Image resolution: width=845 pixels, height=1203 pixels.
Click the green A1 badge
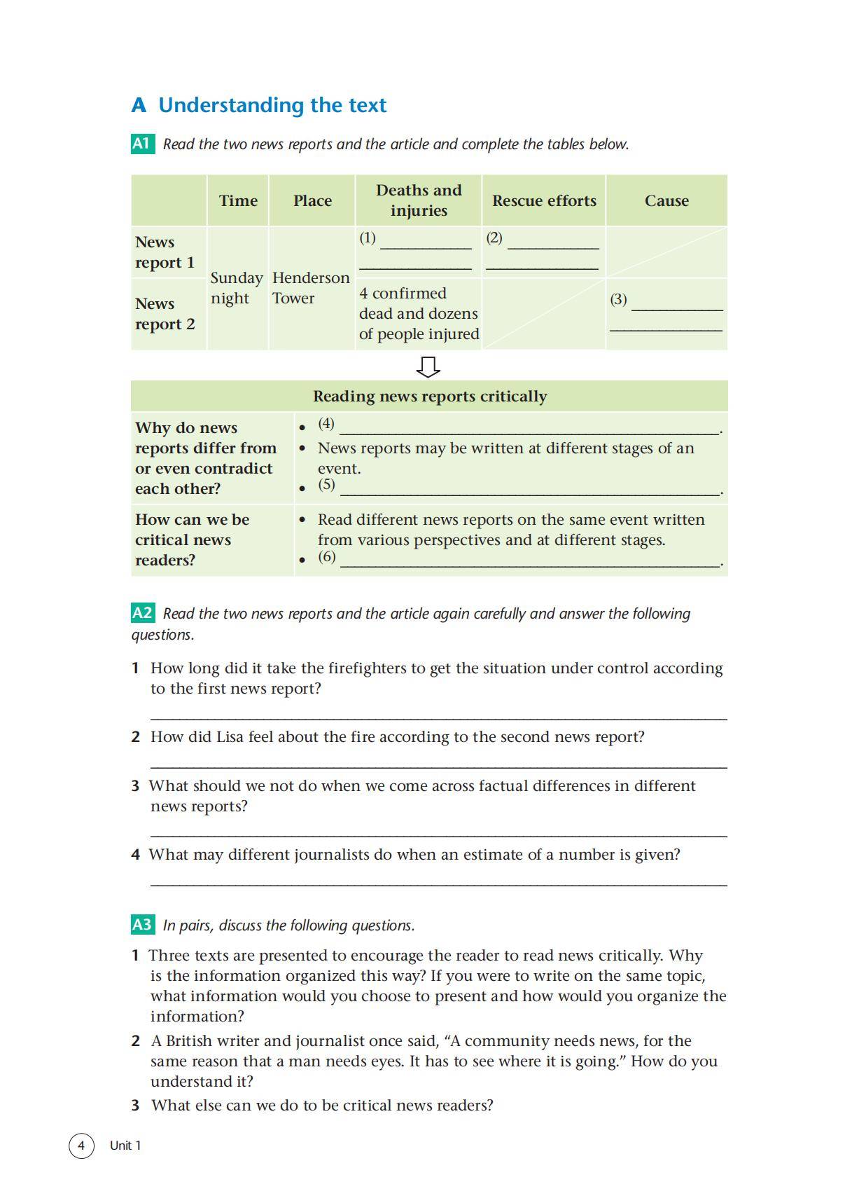(142, 144)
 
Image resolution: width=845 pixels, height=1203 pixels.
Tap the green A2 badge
(142, 613)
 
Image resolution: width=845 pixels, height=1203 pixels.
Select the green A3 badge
(142, 925)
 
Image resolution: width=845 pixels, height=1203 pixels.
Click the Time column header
(238, 201)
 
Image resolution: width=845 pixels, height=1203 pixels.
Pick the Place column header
(312, 201)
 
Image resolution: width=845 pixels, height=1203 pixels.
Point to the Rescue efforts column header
(544, 201)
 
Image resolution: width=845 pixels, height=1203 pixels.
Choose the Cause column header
(666, 201)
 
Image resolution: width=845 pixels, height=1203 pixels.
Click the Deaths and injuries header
(419, 200)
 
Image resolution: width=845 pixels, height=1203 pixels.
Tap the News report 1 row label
(165, 252)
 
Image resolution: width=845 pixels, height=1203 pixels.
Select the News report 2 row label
(165, 314)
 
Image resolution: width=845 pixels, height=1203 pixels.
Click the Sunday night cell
(237, 288)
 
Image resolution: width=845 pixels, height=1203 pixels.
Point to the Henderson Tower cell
(311, 288)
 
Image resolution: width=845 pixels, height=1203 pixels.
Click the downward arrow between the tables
(428, 366)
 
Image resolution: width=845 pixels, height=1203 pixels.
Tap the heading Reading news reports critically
(430, 397)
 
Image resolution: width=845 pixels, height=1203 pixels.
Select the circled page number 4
(81, 1146)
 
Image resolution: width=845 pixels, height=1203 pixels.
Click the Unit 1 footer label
(125, 1146)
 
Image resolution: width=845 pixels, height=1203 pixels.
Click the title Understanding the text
(272, 105)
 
